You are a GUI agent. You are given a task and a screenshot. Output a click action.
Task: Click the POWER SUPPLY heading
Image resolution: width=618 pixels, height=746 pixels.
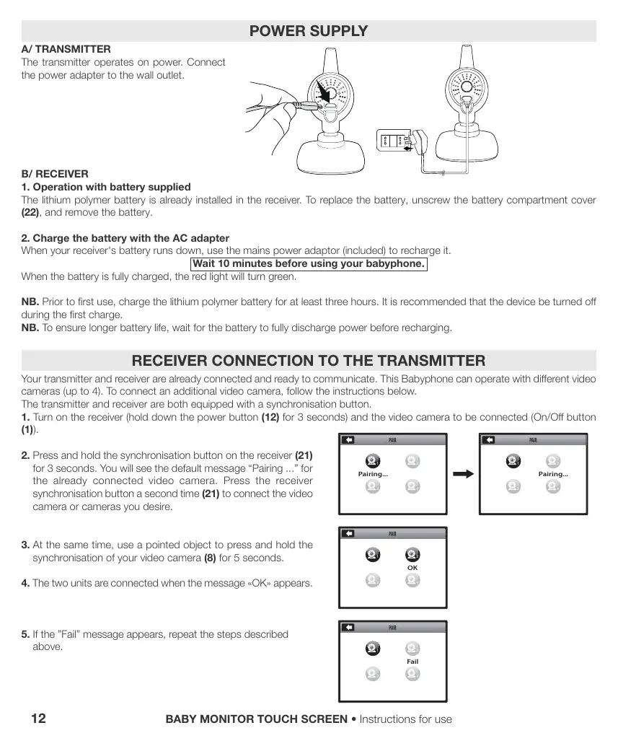click(x=308, y=31)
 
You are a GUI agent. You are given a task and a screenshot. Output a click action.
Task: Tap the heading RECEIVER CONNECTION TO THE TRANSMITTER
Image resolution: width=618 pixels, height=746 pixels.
click(x=308, y=360)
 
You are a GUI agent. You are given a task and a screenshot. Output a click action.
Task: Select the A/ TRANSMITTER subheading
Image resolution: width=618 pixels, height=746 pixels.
click(x=66, y=49)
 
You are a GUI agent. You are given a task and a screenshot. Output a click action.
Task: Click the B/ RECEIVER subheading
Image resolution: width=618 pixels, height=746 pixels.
click(x=55, y=174)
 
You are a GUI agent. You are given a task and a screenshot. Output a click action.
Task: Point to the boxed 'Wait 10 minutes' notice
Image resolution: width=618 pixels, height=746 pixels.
click(x=309, y=263)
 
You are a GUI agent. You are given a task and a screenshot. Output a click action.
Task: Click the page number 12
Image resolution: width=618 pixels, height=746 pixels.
click(x=39, y=719)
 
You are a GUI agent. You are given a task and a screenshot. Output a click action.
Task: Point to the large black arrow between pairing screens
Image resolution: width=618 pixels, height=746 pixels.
click(x=462, y=474)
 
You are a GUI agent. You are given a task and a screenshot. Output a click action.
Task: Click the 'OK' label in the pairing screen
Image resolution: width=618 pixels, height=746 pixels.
click(x=412, y=568)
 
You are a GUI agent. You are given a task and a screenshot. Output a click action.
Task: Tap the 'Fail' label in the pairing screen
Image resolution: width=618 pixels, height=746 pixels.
click(x=412, y=662)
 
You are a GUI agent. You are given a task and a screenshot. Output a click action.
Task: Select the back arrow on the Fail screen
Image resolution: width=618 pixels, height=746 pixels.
click(x=348, y=628)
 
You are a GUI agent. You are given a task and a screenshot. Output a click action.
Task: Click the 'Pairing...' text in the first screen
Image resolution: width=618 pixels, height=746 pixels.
click(x=373, y=474)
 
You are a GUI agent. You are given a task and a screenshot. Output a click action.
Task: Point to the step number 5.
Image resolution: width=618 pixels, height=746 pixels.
click(x=25, y=634)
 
